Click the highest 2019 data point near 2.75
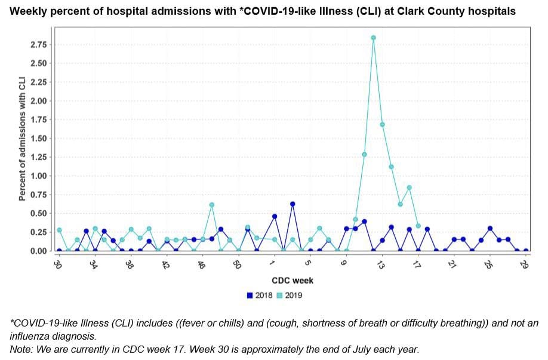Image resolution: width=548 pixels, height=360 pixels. click(373, 38)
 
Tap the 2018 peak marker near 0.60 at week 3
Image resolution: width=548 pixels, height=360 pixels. click(293, 204)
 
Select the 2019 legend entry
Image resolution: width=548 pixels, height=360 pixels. click(293, 295)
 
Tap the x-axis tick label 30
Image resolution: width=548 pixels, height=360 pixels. click(58, 263)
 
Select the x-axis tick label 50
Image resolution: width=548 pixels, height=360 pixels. click(237, 263)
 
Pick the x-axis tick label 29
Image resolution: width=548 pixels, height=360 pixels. click(525, 263)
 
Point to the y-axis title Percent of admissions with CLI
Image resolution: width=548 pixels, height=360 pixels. click(22, 138)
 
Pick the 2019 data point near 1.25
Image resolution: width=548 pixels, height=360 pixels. click(364, 154)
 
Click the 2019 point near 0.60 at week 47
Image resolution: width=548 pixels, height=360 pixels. click(211, 205)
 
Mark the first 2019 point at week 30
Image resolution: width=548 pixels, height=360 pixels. click(59, 230)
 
